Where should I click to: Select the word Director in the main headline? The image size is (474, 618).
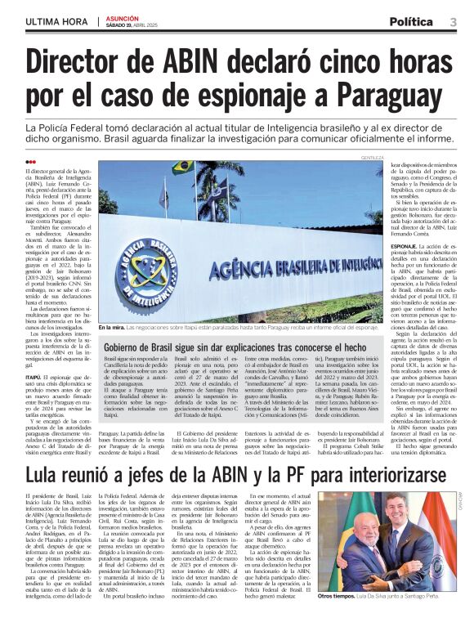pos(87,62)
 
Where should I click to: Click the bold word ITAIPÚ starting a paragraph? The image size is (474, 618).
pos(35,356)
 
